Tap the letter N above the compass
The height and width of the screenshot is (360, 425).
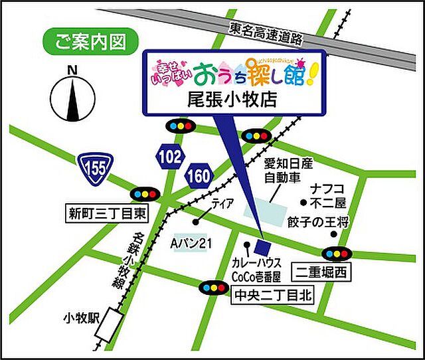pyautogui.click(x=72, y=69)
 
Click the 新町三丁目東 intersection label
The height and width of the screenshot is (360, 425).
pyautogui.click(x=106, y=214)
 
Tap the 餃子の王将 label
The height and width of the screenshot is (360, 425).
pyautogui.click(x=318, y=223)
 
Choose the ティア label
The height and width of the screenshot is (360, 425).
pyautogui.click(x=222, y=204)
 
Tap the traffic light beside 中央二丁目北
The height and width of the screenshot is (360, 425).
pyautogui.click(x=212, y=288)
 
